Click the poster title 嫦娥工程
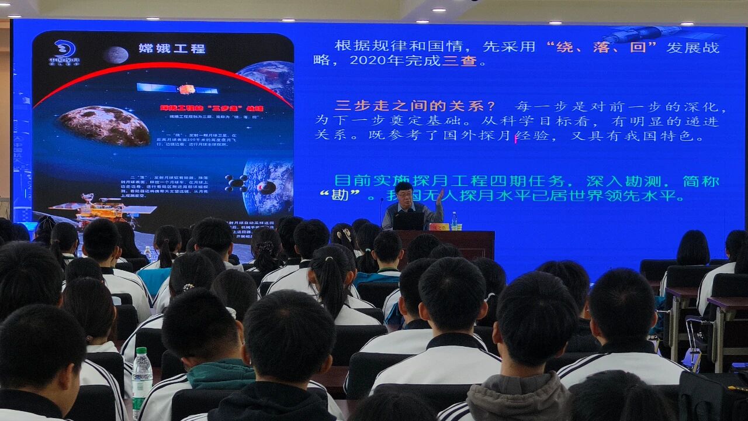click(172, 49)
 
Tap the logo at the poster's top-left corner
click(64, 52)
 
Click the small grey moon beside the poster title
click(116, 55)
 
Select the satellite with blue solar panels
click(178, 89)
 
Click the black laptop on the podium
click(408, 221)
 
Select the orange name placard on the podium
click(439, 226)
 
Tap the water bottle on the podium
click(453, 221)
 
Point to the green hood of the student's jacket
click(221, 374)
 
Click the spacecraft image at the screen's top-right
click(643, 33)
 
